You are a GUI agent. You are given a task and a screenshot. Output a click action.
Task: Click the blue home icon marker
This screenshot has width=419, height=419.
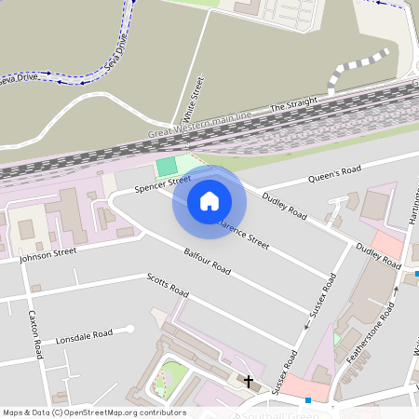coord(209,200)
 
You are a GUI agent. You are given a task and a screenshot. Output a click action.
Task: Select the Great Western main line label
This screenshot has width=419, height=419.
coord(199,127)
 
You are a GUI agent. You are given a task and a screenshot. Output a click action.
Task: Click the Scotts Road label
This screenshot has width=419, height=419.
coord(168,286)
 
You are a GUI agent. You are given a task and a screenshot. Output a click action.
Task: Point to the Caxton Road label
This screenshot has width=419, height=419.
coord(35,334)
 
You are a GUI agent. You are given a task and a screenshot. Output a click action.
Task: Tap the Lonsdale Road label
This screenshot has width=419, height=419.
coord(84,335)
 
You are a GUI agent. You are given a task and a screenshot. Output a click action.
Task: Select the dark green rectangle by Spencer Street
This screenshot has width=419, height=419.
coord(167,167)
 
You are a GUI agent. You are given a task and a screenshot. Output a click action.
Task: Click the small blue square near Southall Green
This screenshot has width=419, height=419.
coord(307,400)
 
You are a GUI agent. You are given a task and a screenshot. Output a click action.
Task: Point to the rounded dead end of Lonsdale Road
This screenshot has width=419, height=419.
coord(130,328)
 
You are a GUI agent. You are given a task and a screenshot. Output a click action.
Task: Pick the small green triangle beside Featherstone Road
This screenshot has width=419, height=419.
coord(337,339)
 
